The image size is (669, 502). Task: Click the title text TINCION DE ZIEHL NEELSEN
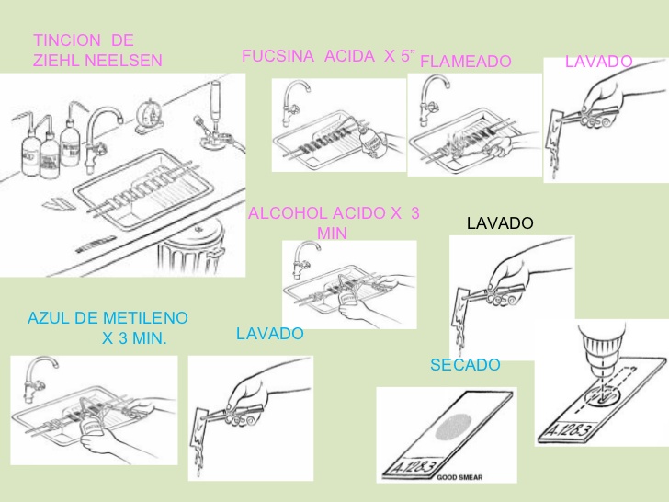[x=96, y=51]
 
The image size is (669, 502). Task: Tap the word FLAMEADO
[x=465, y=62]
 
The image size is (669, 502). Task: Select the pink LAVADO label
[x=598, y=61]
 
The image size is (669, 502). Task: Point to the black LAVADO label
[x=500, y=223]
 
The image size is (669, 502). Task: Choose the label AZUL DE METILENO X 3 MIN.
[x=108, y=327]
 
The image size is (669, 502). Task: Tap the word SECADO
[x=465, y=365]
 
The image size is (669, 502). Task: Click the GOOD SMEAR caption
[x=460, y=477]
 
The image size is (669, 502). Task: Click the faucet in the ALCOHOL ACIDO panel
[x=300, y=260]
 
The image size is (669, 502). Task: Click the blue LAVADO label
[x=269, y=334]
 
